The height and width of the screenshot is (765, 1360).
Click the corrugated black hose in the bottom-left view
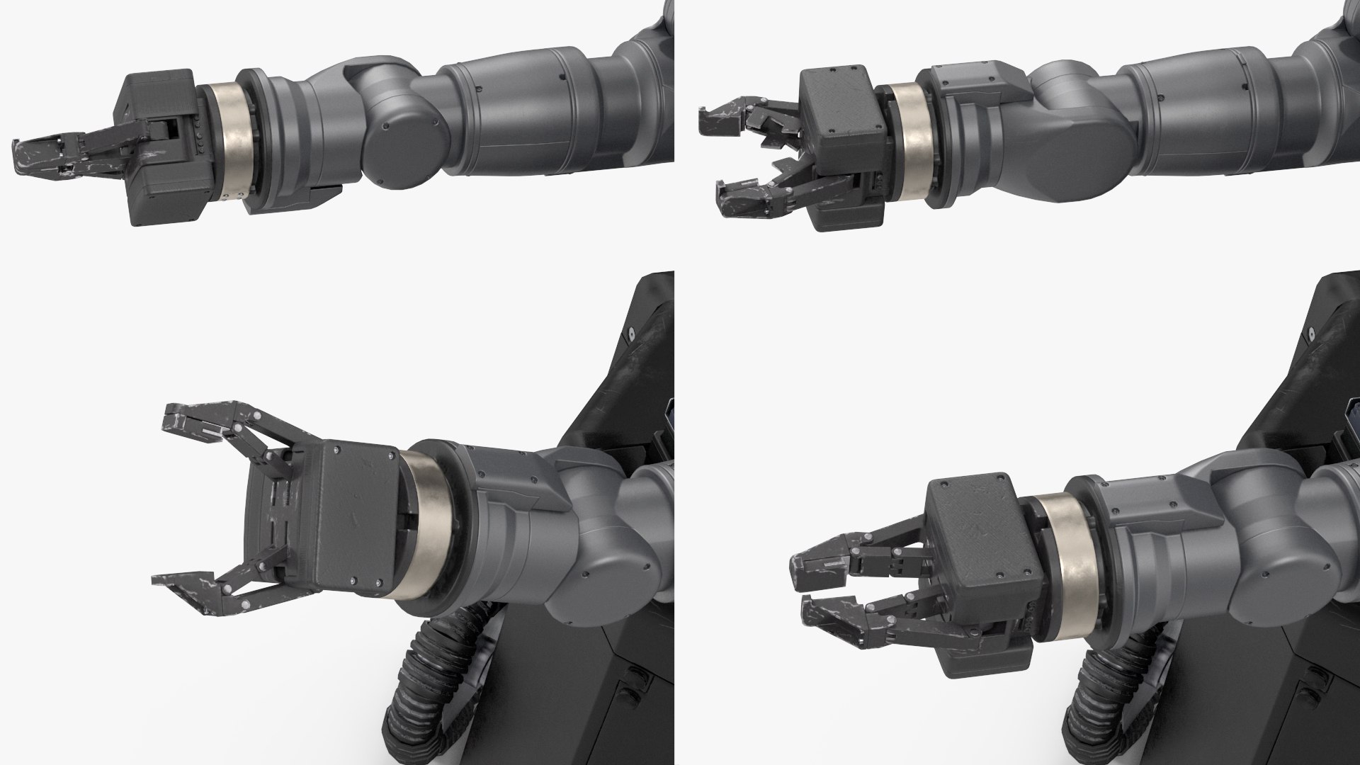411,687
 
